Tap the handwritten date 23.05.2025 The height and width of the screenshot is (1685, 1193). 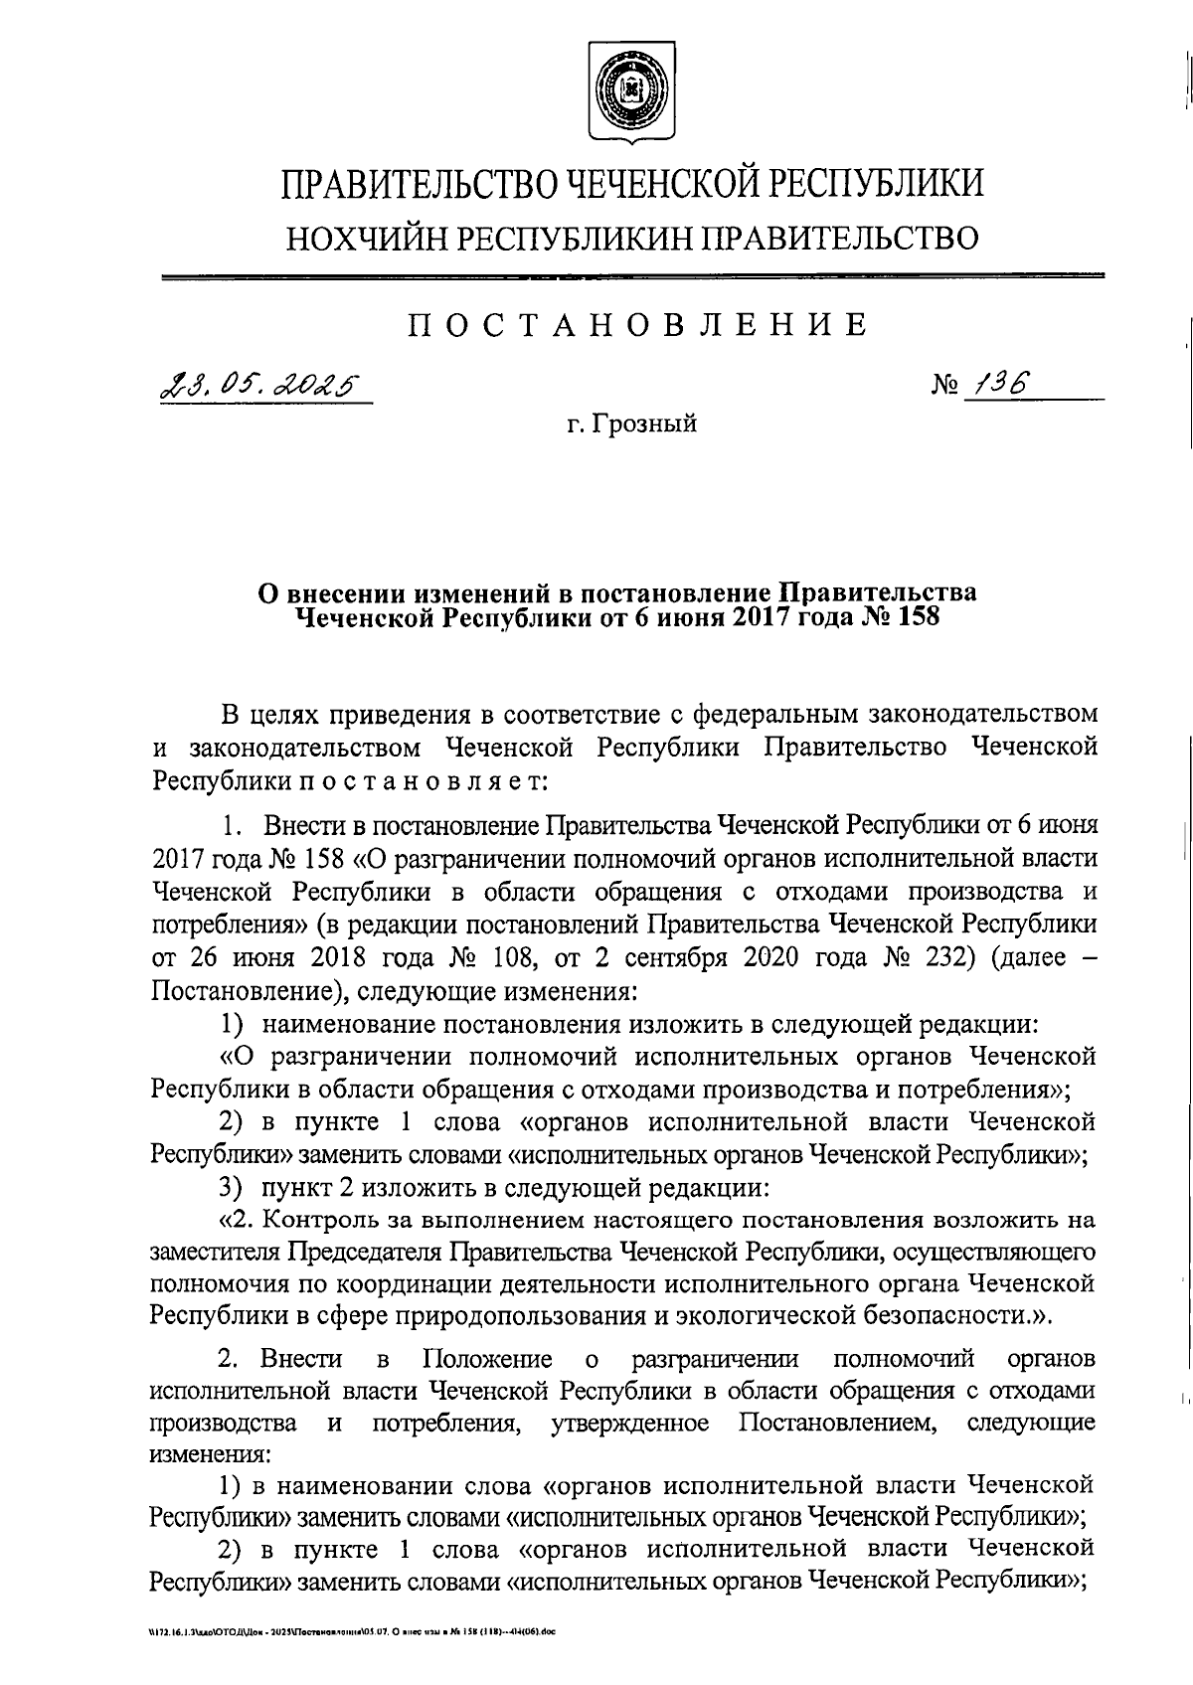click(x=260, y=384)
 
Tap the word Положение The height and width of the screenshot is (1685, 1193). click(x=487, y=1359)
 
